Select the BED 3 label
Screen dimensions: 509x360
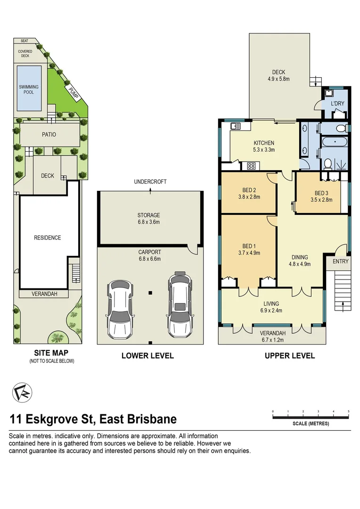click(321, 193)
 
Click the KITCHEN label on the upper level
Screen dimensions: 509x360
click(264, 143)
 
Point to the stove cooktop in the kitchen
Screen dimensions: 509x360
click(251, 165)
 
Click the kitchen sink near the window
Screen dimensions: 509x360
click(235, 126)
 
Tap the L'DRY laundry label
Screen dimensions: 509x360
click(336, 103)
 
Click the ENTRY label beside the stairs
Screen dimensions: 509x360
click(341, 262)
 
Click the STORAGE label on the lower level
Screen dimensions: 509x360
click(149, 215)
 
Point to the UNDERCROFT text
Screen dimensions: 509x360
click(150, 181)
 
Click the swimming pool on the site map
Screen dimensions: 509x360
click(29, 89)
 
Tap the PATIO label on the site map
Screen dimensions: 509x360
click(49, 135)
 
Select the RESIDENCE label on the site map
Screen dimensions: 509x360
click(48, 238)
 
